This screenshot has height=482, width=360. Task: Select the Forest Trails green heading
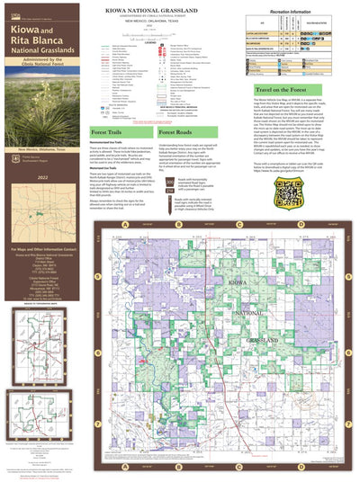[x=112, y=156]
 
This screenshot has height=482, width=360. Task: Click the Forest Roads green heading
[x=191, y=156]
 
